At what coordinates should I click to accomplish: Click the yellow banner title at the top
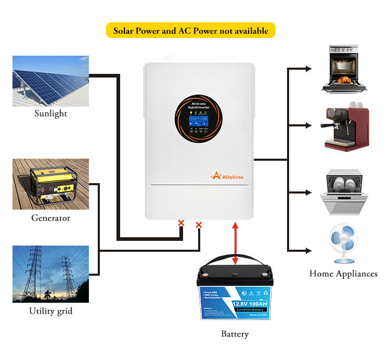click(x=191, y=31)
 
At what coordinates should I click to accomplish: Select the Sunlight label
click(x=50, y=113)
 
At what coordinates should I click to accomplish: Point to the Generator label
click(x=50, y=218)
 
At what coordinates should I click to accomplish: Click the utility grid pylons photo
click(x=50, y=274)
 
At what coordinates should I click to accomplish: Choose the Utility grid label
click(x=50, y=312)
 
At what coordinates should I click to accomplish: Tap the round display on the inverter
click(x=199, y=122)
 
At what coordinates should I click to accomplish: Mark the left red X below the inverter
click(x=181, y=223)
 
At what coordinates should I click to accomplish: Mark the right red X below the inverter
click(x=199, y=225)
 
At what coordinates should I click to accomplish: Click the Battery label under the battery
click(x=235, y=334)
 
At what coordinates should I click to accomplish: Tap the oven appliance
click(x=343, y=69)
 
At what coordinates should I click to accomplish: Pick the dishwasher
click(x=343, y=192)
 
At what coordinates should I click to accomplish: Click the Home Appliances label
click(x=343, y=274)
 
